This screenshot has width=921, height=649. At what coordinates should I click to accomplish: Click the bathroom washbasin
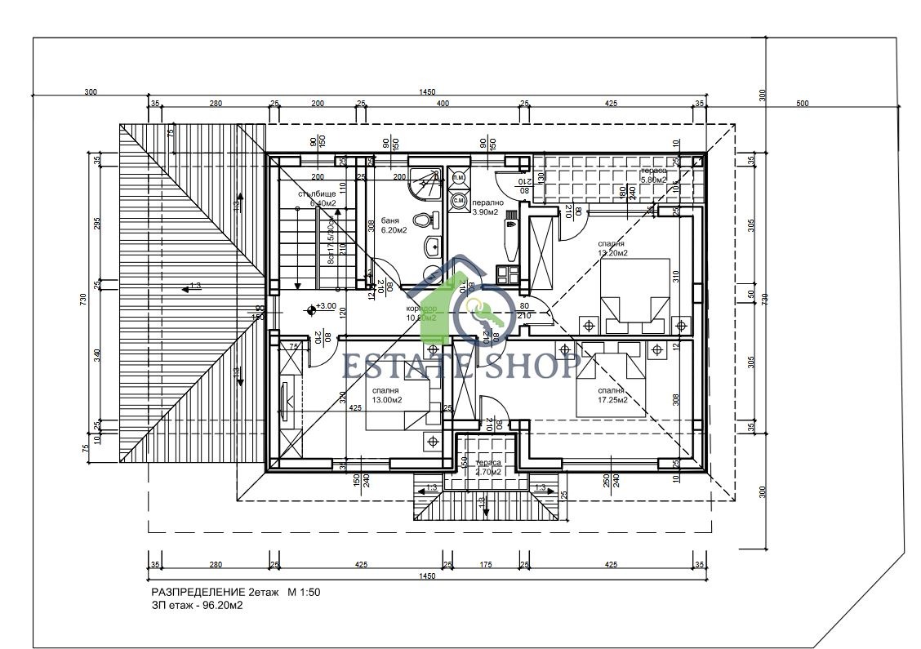pos(432,246)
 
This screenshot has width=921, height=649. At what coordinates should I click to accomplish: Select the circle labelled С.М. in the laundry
pos(459,199)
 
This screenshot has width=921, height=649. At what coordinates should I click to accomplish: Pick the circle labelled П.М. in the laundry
pos(458,177)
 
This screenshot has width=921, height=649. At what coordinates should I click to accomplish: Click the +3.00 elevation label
pos(327,306)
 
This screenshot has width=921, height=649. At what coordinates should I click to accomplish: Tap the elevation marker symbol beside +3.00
pos(311,309)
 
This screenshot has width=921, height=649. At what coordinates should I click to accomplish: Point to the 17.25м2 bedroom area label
pos(612,400)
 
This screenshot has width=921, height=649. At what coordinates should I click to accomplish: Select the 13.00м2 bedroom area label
pos(387,400)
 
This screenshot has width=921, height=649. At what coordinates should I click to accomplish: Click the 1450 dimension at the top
pos(426,92)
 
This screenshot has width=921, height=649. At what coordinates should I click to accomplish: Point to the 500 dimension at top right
pos(802,104)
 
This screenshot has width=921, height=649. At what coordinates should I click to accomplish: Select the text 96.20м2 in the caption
pos(222,606)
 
